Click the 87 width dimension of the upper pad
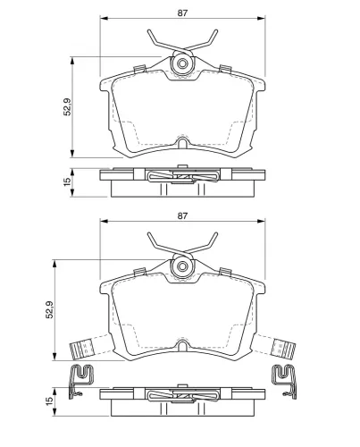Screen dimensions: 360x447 [x=182, y=13]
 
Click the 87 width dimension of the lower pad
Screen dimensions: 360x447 [x=182, y=215]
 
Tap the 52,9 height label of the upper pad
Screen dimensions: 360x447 [x=67, y=106]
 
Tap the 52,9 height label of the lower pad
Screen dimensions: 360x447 [x=50, y=309]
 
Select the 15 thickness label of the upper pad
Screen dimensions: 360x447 [x=67, y=181]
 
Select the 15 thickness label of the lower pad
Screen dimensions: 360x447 [x=50, y=401]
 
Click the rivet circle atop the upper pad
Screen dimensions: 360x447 [x=182, y=63]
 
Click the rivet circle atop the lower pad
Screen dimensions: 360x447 [x=182, y=266]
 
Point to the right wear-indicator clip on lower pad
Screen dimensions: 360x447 [x=283, y=348]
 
